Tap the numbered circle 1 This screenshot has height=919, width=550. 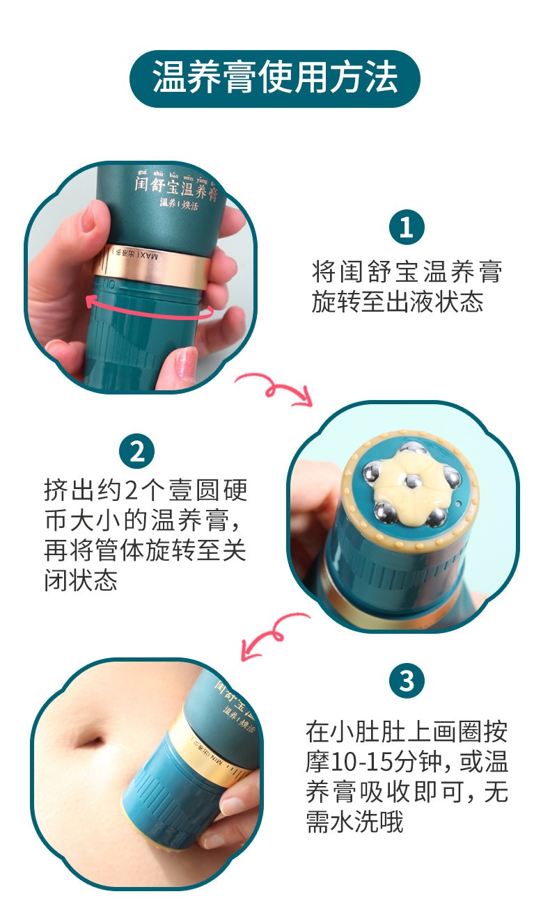coord(406,227)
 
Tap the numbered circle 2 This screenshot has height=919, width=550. coord(137,451)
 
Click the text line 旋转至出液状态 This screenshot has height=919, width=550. coord(397,302)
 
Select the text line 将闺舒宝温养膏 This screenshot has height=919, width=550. coord(406,271)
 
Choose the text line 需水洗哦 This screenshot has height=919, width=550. coord(354,823)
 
